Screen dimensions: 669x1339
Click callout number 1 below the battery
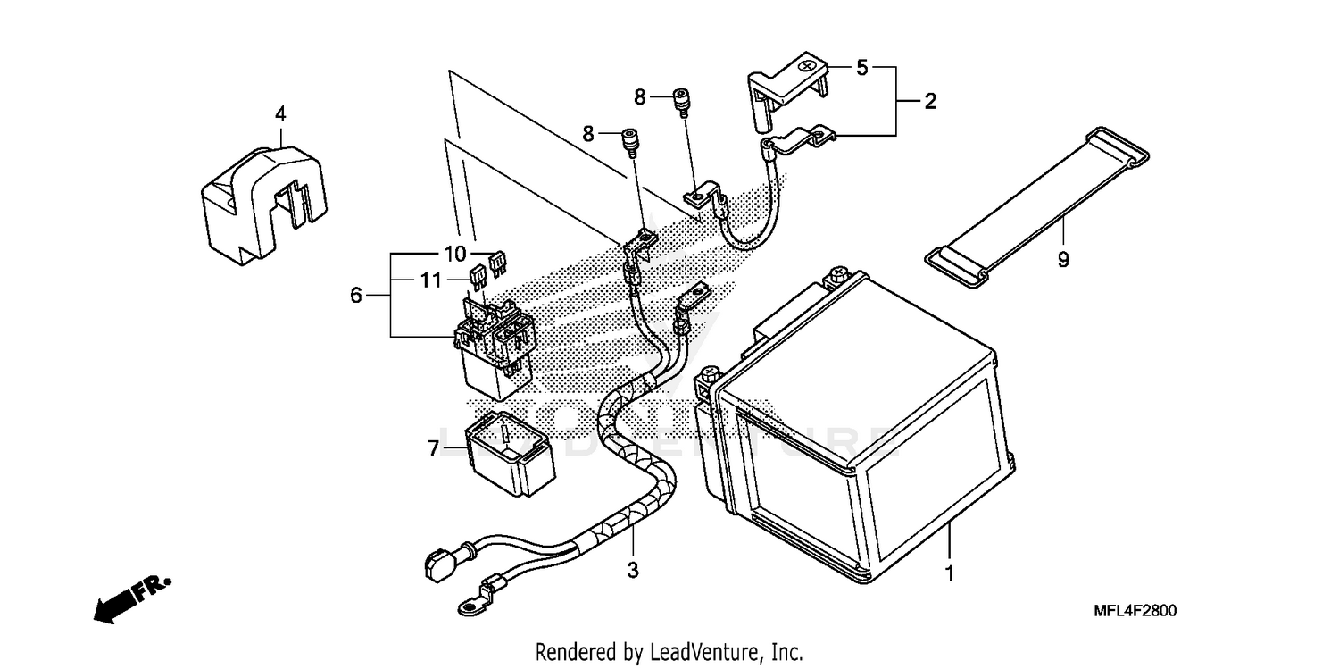pyautogui.click(x=950, y=573)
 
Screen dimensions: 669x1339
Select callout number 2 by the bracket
pyautogui.click(x=930, y=101)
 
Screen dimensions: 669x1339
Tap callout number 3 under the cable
pyautogui.click(x=633, y=569)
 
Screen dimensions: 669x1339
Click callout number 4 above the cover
pyautogui.click(x=280, y=113)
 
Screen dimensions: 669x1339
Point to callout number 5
pyautogui.click(x=861, y=67)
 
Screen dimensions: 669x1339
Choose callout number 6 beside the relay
pyautogui.click(x=356, y=295)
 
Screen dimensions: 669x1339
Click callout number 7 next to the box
pyautogui.click(x=434, y=448)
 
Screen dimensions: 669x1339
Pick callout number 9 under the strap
pyautogui.click(x=1063, y=259)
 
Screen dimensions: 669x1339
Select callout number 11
pyautogui.click(x=431, y=280)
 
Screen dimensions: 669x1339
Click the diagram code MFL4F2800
pyautogui.click(x=1135, y=611)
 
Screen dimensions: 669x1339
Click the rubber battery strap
pyautogui.click(x=1035, y=205)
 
